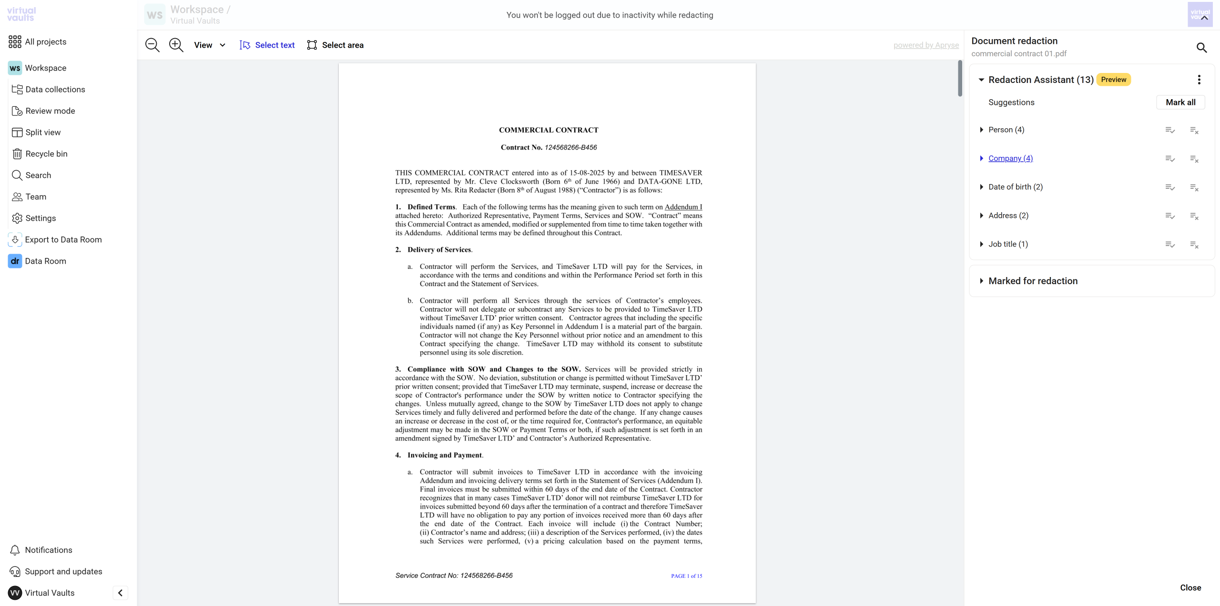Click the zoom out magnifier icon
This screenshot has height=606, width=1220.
pos(152,45)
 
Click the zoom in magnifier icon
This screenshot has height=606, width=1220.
pos(176,45)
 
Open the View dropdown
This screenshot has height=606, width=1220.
pos(209,45)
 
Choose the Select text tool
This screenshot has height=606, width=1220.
pos(267,45)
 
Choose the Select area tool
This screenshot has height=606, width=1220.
pos(335,45)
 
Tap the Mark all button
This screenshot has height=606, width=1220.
pos(1180,102)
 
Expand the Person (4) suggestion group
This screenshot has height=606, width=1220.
pos(981,130)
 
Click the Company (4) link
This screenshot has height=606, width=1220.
pos(1010,158)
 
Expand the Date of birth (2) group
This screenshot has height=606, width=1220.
pos(981,187)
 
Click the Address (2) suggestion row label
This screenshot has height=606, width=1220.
pos(1008,216)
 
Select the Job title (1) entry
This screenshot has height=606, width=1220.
pos(1007,244)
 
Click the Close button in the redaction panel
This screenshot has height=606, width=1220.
pos(1190,587)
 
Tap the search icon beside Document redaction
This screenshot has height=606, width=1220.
pos(1201,47)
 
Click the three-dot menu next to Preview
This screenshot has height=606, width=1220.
pos(1199,80)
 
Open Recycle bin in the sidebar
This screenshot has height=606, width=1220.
pos(46,154)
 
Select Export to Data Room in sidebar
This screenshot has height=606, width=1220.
pos(63,239)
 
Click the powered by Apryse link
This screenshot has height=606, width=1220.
pos(925,45)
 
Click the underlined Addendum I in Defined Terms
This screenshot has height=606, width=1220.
pos(683,207)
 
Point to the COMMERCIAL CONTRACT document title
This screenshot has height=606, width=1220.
pos(549,130)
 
